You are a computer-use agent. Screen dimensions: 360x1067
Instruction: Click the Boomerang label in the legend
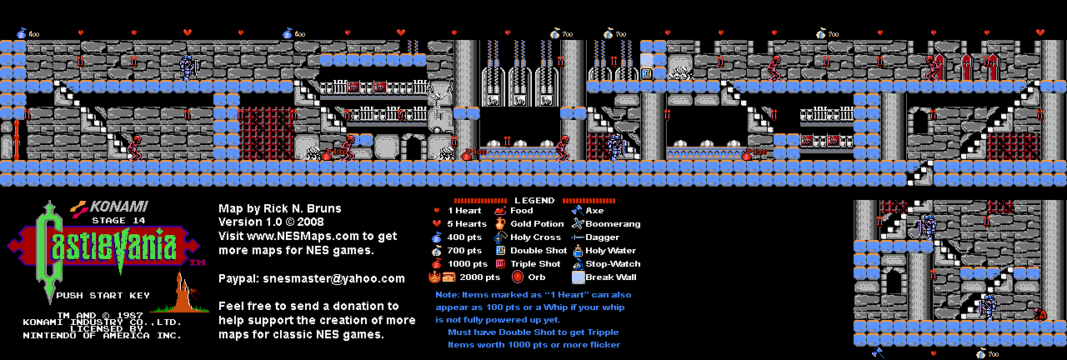(613, 224)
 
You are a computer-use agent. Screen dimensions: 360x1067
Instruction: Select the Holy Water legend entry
(610, 250)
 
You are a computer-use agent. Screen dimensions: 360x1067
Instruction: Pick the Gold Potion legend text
(537, 224)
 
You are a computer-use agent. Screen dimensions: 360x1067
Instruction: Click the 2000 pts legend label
(482, 277)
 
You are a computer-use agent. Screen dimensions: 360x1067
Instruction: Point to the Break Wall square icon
(578, 277)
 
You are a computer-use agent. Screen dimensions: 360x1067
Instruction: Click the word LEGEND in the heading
(534, 201)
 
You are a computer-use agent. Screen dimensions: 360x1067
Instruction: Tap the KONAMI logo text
(119, 206)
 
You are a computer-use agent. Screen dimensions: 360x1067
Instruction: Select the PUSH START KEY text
(103, 295)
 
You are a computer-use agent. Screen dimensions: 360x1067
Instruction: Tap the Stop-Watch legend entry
(613, 263)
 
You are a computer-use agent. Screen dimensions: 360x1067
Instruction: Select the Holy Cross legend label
(536, 237)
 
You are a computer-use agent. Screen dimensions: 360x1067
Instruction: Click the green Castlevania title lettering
(100, 247)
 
